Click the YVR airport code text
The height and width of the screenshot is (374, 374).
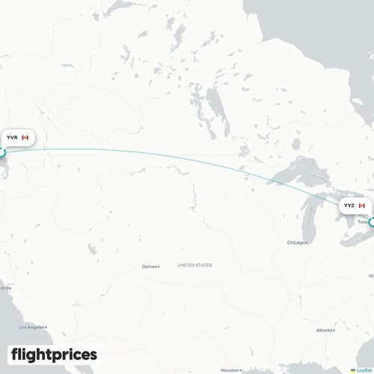point(12,138)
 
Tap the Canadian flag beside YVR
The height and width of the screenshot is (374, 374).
point(25,138)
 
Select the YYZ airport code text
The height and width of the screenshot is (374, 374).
point(349,205)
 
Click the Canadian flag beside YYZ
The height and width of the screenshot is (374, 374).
point(362,205)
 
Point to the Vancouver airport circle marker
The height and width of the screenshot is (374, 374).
point(1,153)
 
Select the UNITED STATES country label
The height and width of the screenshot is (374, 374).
point(194,265)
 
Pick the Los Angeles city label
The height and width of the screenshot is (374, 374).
point(32,327)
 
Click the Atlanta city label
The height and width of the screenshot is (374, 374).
point(325,330)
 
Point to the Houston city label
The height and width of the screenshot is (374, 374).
point(230,370)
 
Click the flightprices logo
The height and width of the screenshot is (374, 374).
point(54,354)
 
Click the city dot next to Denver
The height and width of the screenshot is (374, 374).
point(162,267)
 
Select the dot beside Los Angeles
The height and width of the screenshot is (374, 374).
point(46,327)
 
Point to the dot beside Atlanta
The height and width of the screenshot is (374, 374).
point(337,330)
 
